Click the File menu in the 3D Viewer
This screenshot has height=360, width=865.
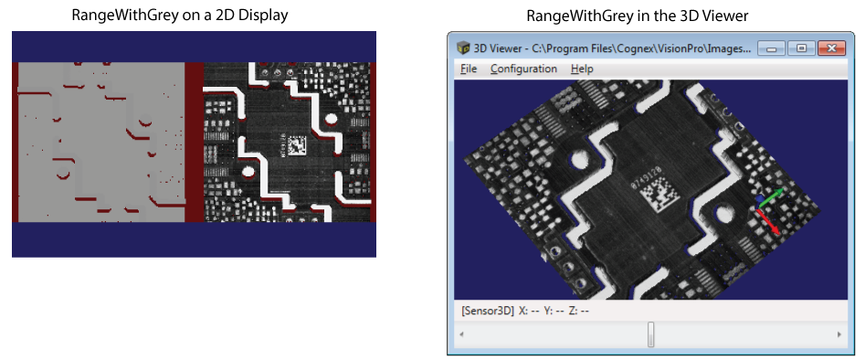tap(469, 69)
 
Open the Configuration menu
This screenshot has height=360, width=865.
tap(523, 69)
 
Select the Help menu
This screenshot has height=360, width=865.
tap(582, 69)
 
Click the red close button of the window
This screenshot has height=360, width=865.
tap(829, 48)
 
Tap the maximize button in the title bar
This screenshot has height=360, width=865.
tap(801, 48)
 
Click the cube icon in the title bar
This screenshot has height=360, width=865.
tap(464, 48)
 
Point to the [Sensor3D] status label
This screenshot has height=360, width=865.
tap(488, 311)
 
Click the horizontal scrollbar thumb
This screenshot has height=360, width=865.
tap(651, 334)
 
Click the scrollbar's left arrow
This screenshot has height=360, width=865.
tap(462, 334)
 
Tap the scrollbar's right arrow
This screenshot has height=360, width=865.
tap(839, 334)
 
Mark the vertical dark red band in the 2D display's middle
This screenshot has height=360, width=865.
tap(194, 142)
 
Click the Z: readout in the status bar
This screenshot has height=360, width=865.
tap(578, 311)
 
